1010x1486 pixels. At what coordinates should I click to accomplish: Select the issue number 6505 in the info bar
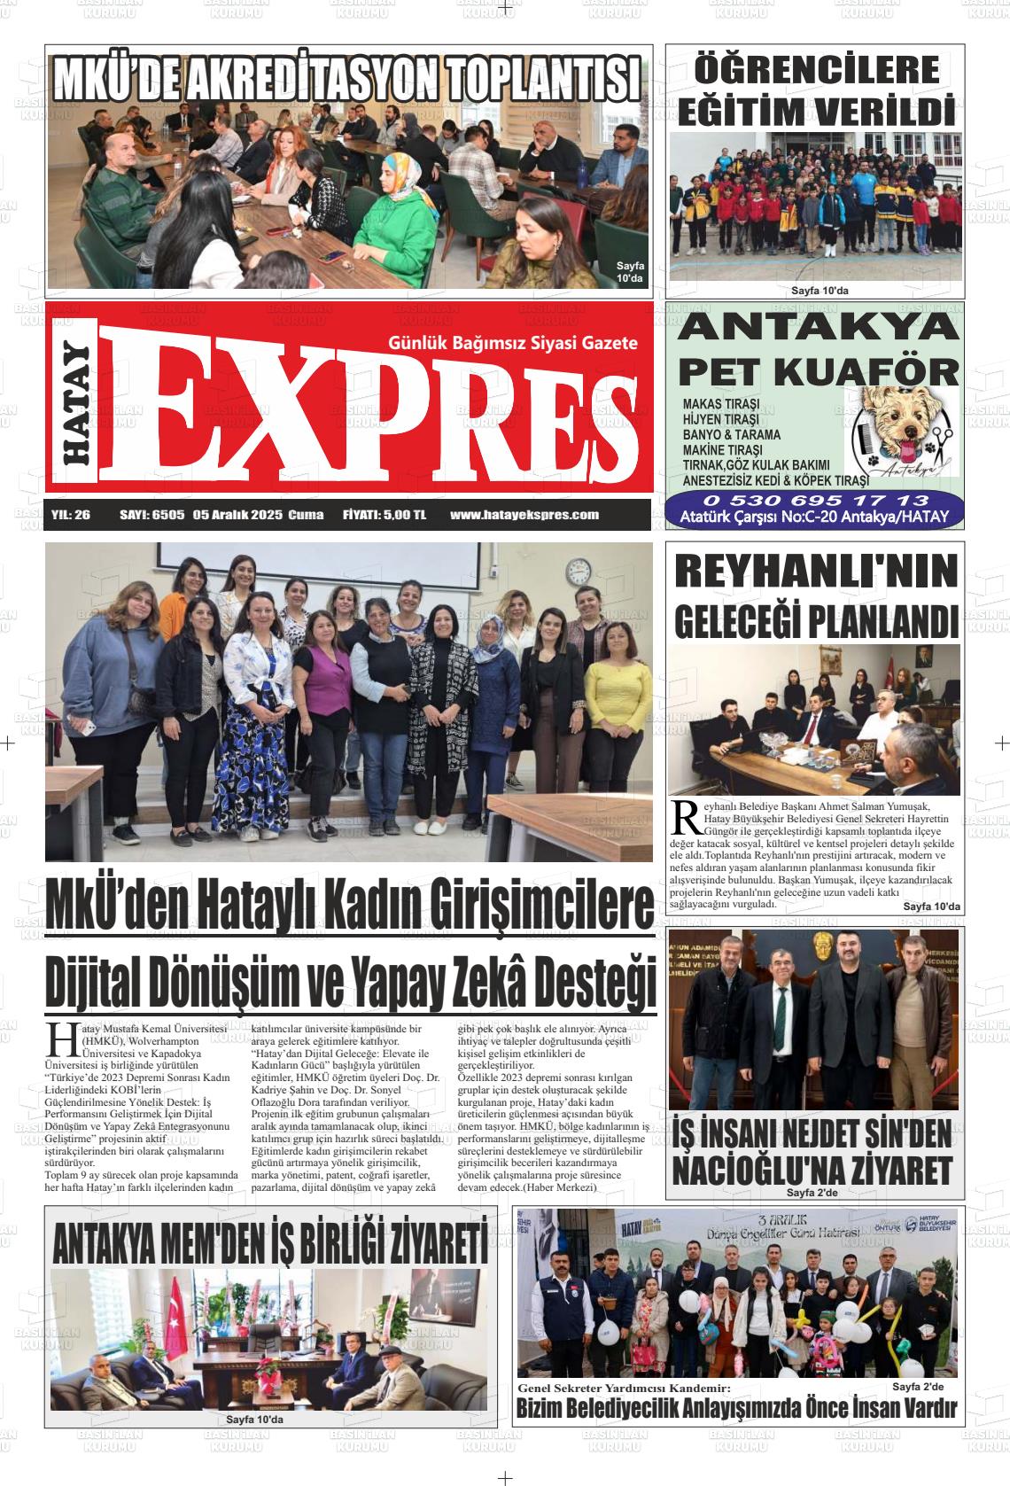point(167,515)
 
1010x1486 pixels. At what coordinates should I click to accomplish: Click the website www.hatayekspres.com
point(524,515)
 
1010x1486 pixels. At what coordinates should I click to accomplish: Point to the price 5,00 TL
point(406,515)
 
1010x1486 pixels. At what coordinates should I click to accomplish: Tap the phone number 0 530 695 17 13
point(817,502)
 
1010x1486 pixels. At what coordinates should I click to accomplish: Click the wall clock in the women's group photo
point(578,569)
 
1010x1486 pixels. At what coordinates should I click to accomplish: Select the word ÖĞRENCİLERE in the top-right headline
point(816,69)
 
